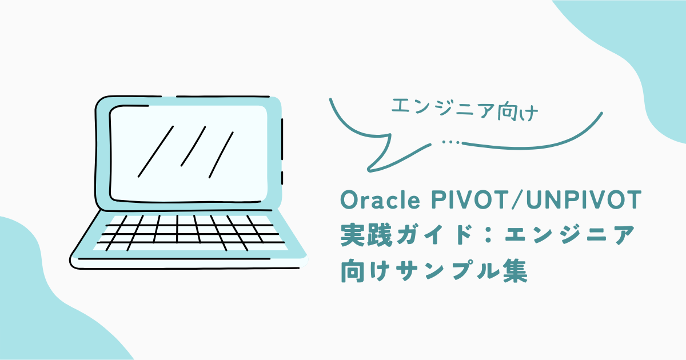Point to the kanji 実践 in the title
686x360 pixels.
click(x=366, y=235)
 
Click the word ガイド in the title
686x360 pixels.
click(x=435, y=235)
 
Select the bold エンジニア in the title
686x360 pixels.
click(x=570, y=235)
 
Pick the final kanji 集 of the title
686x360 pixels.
click(x=515, y=270)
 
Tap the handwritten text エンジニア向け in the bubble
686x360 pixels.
click(x=465, y=110)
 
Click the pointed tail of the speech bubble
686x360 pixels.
click(x=370, y=169)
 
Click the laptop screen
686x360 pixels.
click(x=188, y=154)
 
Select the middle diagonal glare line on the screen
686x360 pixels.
click(x=193, y=146)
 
